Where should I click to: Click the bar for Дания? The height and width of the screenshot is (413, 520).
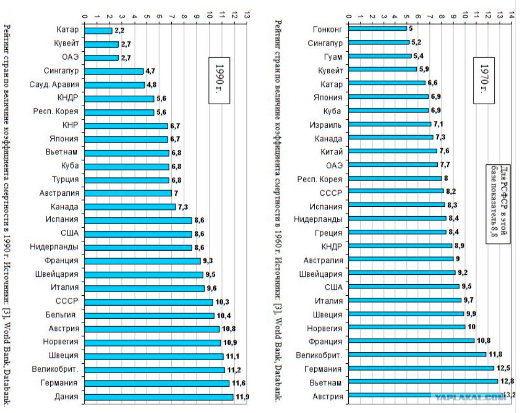pyautogui.click(x=159, y=397)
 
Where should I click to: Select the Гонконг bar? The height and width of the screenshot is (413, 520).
pyautogui.click(x=378, y=28)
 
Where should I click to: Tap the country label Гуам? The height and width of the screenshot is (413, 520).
pyautogui.click(x=333, y=57)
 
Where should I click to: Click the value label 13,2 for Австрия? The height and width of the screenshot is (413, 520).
pyautogui.click(x=510, y=395)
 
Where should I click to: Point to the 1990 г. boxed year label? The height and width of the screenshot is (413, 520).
pyautogui.click(x=219, y=81)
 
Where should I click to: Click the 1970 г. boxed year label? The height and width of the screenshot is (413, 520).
pyautogui.click(x=484, y=81)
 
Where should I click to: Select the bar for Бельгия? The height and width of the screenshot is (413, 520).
pyautogui.click(x=149, y=316)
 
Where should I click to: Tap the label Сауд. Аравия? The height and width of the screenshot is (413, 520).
pyautogui.click(x=54, y=84)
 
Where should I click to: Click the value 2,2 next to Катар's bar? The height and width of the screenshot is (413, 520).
pyautogui.click(x=119, y=30)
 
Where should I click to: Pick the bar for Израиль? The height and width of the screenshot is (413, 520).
pyautogui.click(x=390, y=124)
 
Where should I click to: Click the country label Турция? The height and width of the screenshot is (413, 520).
pyautogui.click(x=65, y=180)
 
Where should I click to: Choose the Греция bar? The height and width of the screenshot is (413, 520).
pyautogui.click(x=397, y=232)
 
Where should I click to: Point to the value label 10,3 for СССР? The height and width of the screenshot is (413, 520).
pyautogui.click(x=222, y=302)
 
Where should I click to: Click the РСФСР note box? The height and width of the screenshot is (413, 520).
pyautogui.click(x=498, y=204)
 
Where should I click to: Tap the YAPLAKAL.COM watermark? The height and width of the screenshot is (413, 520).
pyautogui.click(x=471, y=397)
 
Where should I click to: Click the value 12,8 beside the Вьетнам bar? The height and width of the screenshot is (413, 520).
pyautogui.click(x=507, y=381)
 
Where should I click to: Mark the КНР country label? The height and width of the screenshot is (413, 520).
pyautogui.click(x=70, y=125)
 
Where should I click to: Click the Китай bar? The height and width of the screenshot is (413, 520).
pyautogui.click(x=393, y=151)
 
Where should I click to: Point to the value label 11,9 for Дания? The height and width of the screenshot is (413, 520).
pyautogui.click(x=242, y=397)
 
